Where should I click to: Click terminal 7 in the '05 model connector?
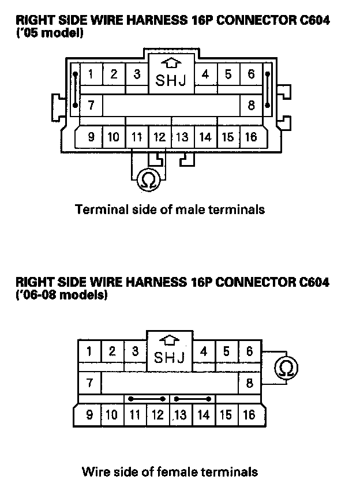91,106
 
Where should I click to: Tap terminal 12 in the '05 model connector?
159,137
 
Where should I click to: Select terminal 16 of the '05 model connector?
251,137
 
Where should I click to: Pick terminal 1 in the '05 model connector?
91,74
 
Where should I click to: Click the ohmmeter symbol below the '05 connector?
147,181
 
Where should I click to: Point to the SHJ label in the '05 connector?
171,81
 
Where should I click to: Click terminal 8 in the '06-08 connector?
250,383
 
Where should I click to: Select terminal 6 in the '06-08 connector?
250,351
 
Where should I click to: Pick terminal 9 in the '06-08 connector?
89,415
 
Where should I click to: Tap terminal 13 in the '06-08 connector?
181,415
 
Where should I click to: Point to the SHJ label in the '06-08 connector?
170,358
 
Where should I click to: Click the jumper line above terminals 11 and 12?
148,399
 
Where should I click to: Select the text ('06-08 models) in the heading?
62,295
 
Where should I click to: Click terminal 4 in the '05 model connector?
205,74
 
